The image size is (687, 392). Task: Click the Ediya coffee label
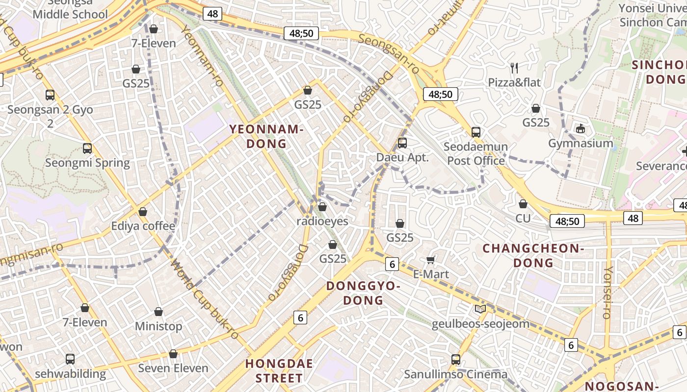(143, 226)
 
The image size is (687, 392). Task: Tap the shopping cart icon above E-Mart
(431, 260)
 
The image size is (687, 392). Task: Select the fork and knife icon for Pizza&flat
(514, 68)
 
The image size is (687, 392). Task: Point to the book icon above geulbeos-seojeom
(480, 309)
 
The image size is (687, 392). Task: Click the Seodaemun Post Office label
(476, 154)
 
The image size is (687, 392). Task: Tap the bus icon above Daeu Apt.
(402, 143)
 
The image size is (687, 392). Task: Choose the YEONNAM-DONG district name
(266, 136)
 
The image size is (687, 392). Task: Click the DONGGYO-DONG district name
(363, 293)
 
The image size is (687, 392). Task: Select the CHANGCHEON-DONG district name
(533, 255)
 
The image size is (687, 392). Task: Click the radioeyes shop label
(322, 221)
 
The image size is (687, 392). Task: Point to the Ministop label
(159, 326)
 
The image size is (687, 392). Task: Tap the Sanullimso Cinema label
(456, 374)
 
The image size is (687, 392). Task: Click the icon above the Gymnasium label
(581, 129)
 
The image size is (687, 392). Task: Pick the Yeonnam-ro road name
(202, 56)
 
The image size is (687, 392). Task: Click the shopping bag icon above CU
(523, 204)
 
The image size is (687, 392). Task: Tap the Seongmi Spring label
(87, 163)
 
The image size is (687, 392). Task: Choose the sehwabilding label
(70, 373)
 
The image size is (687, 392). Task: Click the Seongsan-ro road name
(389, 54)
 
